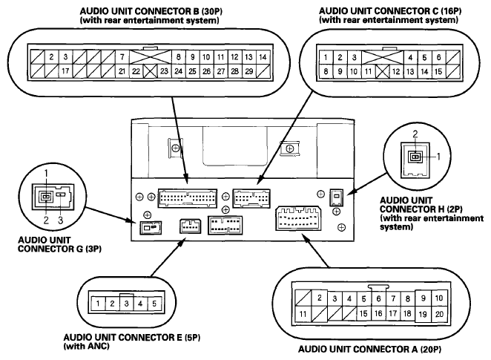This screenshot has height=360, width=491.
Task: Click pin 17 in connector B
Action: click(65, 71)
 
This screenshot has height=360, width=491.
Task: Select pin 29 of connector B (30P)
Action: click(249, 71)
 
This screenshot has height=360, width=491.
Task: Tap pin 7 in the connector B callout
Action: click(122, 57)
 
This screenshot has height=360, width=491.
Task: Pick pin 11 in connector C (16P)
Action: click(368, 71)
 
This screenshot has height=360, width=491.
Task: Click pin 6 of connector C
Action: click(438, 57)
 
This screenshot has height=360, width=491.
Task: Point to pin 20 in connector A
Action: click(439, 314)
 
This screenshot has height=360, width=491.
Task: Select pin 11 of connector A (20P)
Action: click(303, 314)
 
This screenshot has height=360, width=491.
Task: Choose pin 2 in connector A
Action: click(320, 298)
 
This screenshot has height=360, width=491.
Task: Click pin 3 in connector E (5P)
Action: click(126, 304)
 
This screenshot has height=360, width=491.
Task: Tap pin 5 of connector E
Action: click(154, 304)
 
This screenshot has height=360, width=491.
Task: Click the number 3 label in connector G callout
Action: click(60, 220)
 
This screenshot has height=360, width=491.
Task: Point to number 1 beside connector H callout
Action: click(438, 156)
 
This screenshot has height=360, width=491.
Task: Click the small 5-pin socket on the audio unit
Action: click(190, 226)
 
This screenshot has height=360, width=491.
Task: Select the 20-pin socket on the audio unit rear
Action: click(298, 218)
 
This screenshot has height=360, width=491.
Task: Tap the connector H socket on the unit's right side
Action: click(336, 197)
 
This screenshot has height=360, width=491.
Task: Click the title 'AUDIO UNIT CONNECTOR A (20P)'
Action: click(370, 349)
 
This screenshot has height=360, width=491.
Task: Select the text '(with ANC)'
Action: click(87, 346)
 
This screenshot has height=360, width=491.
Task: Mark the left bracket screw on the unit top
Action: click(176, 148)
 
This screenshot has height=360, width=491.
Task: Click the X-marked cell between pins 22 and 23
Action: click(150, 71)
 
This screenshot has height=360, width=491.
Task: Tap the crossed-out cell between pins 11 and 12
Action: click(382, 71)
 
